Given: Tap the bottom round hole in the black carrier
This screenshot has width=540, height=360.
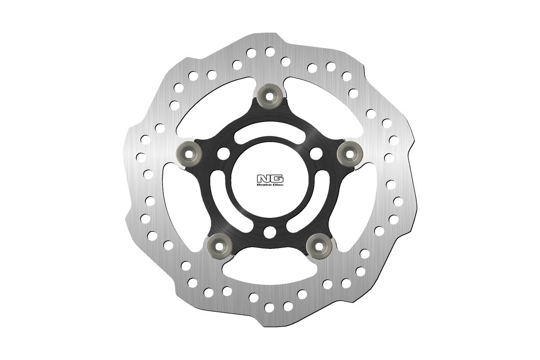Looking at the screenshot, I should (x=270, y=233).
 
